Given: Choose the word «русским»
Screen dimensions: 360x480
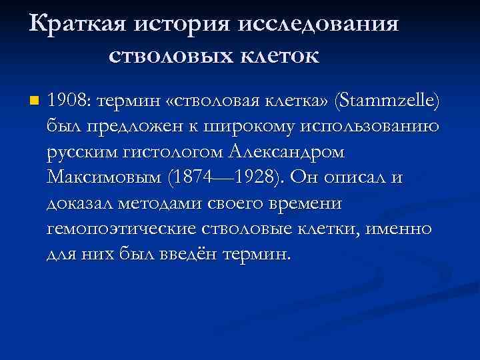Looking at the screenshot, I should pos(83,153).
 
